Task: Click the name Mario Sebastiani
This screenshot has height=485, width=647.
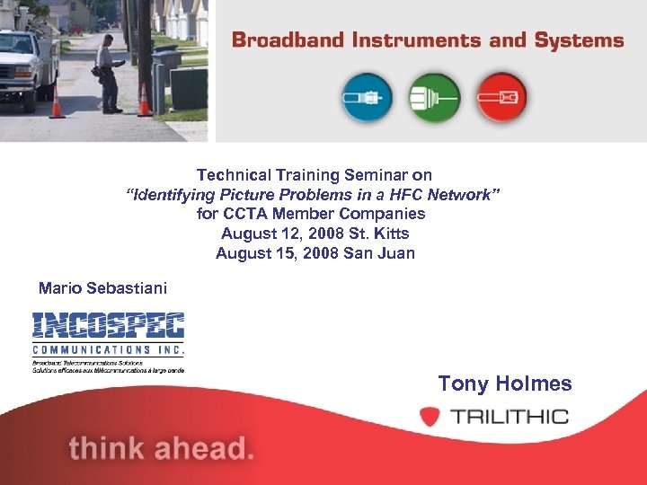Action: pyautogui.click(x=102, y=288)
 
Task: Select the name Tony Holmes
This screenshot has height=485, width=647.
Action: pyautogui.click(x=504, y=384)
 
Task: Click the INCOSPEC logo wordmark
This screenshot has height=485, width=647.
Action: pyautogui.click(x=108, y=325)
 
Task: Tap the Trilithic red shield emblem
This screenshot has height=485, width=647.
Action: pyautogui.click(x=430, y=417)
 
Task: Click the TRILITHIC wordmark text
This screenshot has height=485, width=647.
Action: pyautogui.click(x=510, y=417)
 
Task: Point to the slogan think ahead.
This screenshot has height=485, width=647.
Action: pyautogui.click(x=162, y=446)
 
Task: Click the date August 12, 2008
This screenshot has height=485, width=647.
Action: pyautogui.click(x=276, y=234)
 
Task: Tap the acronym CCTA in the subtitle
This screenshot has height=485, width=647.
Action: pyautogui.click(x=243, y=214)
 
